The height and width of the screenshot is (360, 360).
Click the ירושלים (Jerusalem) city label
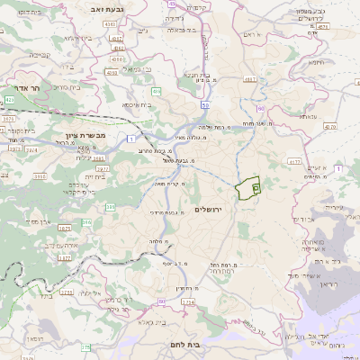point(213,209)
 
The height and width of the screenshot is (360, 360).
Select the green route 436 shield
point(157,91)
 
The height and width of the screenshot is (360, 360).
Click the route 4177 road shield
point(293,162)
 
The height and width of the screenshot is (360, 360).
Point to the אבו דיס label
point(303,219)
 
